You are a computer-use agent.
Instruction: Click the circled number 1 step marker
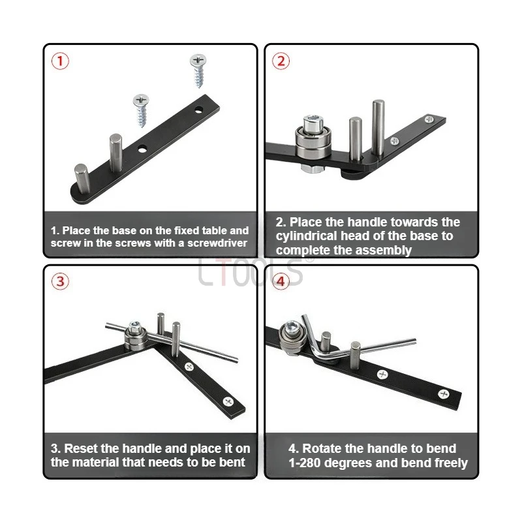pos(60,61)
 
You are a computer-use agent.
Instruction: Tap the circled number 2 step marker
pos(281,61)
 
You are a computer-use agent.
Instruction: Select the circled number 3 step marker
pos(60,281)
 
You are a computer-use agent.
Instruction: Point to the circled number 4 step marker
pos(281,281)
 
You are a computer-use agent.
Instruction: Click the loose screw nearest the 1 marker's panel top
pos(198,70)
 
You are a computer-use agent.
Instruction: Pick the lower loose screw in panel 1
pos(142,110)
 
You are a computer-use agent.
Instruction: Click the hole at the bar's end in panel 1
pos(199,109)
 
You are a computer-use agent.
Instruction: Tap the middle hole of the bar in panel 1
pos(142,149)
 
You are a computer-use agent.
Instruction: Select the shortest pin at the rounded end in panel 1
pos(82,178)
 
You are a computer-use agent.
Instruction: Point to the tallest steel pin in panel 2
pos(378,127)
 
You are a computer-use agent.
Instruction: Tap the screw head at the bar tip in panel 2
pos(429,119)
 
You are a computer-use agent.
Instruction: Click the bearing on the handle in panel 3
pos(135,335)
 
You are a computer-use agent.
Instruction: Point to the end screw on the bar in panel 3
pos(228,401)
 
